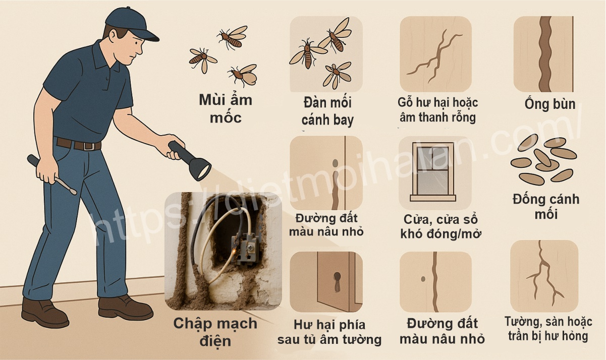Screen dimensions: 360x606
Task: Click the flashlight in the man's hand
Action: (192, 160)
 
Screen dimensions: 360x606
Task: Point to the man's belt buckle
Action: (91, 146)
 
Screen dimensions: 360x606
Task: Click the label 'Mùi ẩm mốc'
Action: (225, 108)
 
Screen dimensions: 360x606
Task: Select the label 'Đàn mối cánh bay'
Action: (327, 111)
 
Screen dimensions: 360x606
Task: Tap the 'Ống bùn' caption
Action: (549, 104)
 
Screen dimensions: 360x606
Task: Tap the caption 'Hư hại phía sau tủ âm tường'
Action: (329, 332)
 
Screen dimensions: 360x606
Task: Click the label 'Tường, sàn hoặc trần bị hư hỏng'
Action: (548, 329)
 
